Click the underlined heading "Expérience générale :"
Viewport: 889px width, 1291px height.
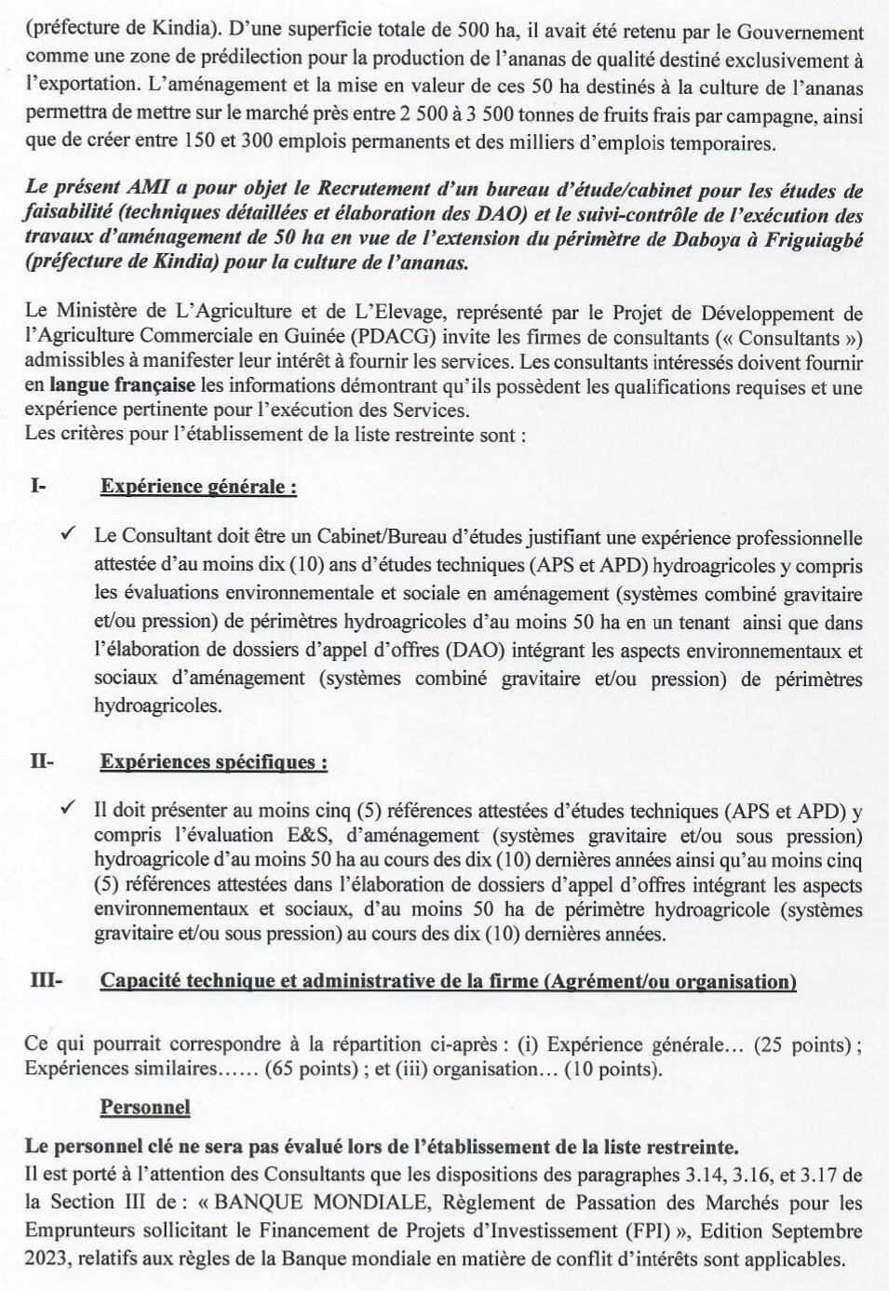click(x=198, y=486)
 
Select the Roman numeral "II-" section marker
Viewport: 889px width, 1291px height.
click(x=43, y=762)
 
